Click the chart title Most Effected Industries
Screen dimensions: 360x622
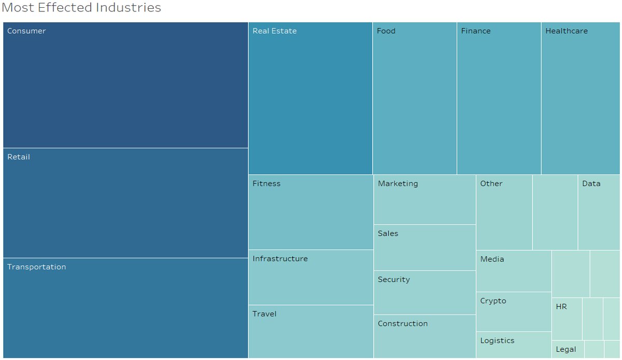coord(81,8)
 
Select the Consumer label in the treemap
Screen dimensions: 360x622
coord(26,31)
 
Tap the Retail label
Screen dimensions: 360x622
coord(19,157)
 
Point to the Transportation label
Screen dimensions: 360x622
coord(37,267)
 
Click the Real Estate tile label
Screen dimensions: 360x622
coord(275,31)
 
